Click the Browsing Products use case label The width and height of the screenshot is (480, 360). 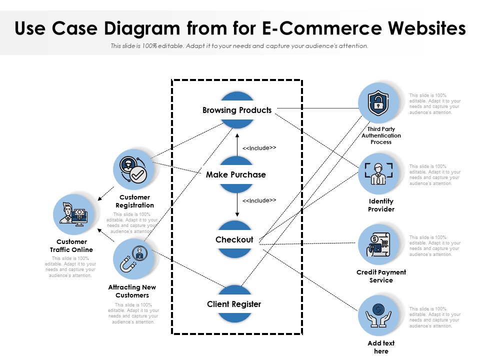[237, 110]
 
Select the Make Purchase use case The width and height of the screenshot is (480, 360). [236, 174]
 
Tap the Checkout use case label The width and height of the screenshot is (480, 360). [234, 239]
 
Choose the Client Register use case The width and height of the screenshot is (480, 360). [234, 304]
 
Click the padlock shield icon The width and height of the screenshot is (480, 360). [378, 103]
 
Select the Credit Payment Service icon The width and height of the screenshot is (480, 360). [378, 244]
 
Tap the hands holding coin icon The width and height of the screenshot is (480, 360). [378, 315]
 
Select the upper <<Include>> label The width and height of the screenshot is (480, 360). [259, 148]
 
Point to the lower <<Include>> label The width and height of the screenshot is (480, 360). [259, 200]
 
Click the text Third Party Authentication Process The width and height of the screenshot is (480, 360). [381, 135]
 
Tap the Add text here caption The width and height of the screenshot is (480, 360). [381, 347]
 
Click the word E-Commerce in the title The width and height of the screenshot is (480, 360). [315, 28]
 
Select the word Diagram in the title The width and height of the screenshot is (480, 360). [144, 28]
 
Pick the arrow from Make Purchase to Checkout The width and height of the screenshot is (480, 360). [237, 205]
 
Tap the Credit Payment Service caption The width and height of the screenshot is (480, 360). [381, 276]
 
